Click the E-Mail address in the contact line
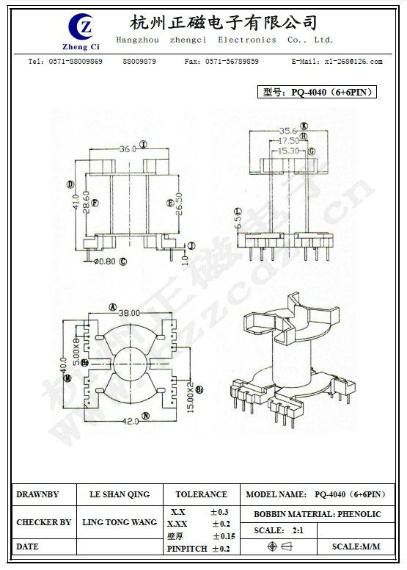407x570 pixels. [337, 62]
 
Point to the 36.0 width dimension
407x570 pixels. [128, 148]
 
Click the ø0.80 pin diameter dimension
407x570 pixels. [105, 261]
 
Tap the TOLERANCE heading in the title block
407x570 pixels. [201, 494]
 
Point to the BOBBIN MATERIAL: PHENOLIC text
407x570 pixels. [318, 514]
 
